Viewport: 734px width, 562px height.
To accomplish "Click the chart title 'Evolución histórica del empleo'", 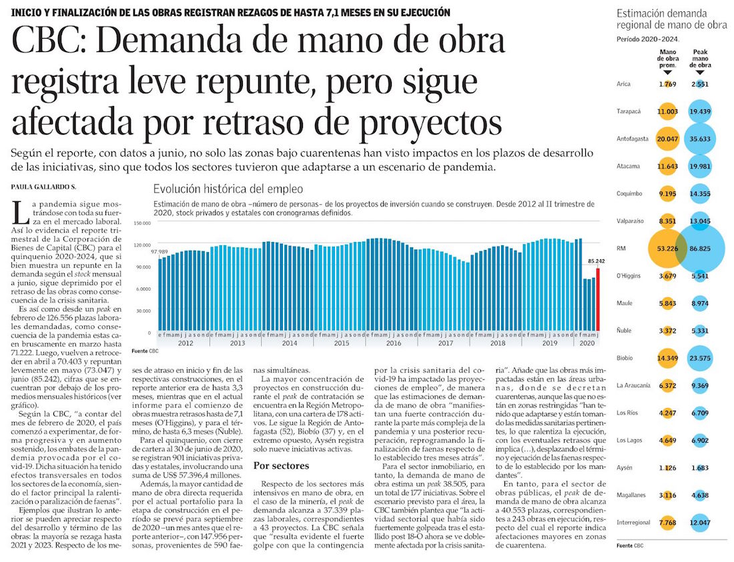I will pyautogui.click(x=228, y=189).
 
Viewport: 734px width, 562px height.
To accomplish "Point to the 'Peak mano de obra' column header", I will pyautogui.click(x=701, y=59).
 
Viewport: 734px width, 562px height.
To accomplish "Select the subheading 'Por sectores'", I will pyautogui.click(x=283, y=465).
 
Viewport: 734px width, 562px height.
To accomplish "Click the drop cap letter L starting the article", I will pyautogui.click(x=19, y=211).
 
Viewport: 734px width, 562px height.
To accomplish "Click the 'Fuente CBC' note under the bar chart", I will pyautogui.click(x=145, y=351).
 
